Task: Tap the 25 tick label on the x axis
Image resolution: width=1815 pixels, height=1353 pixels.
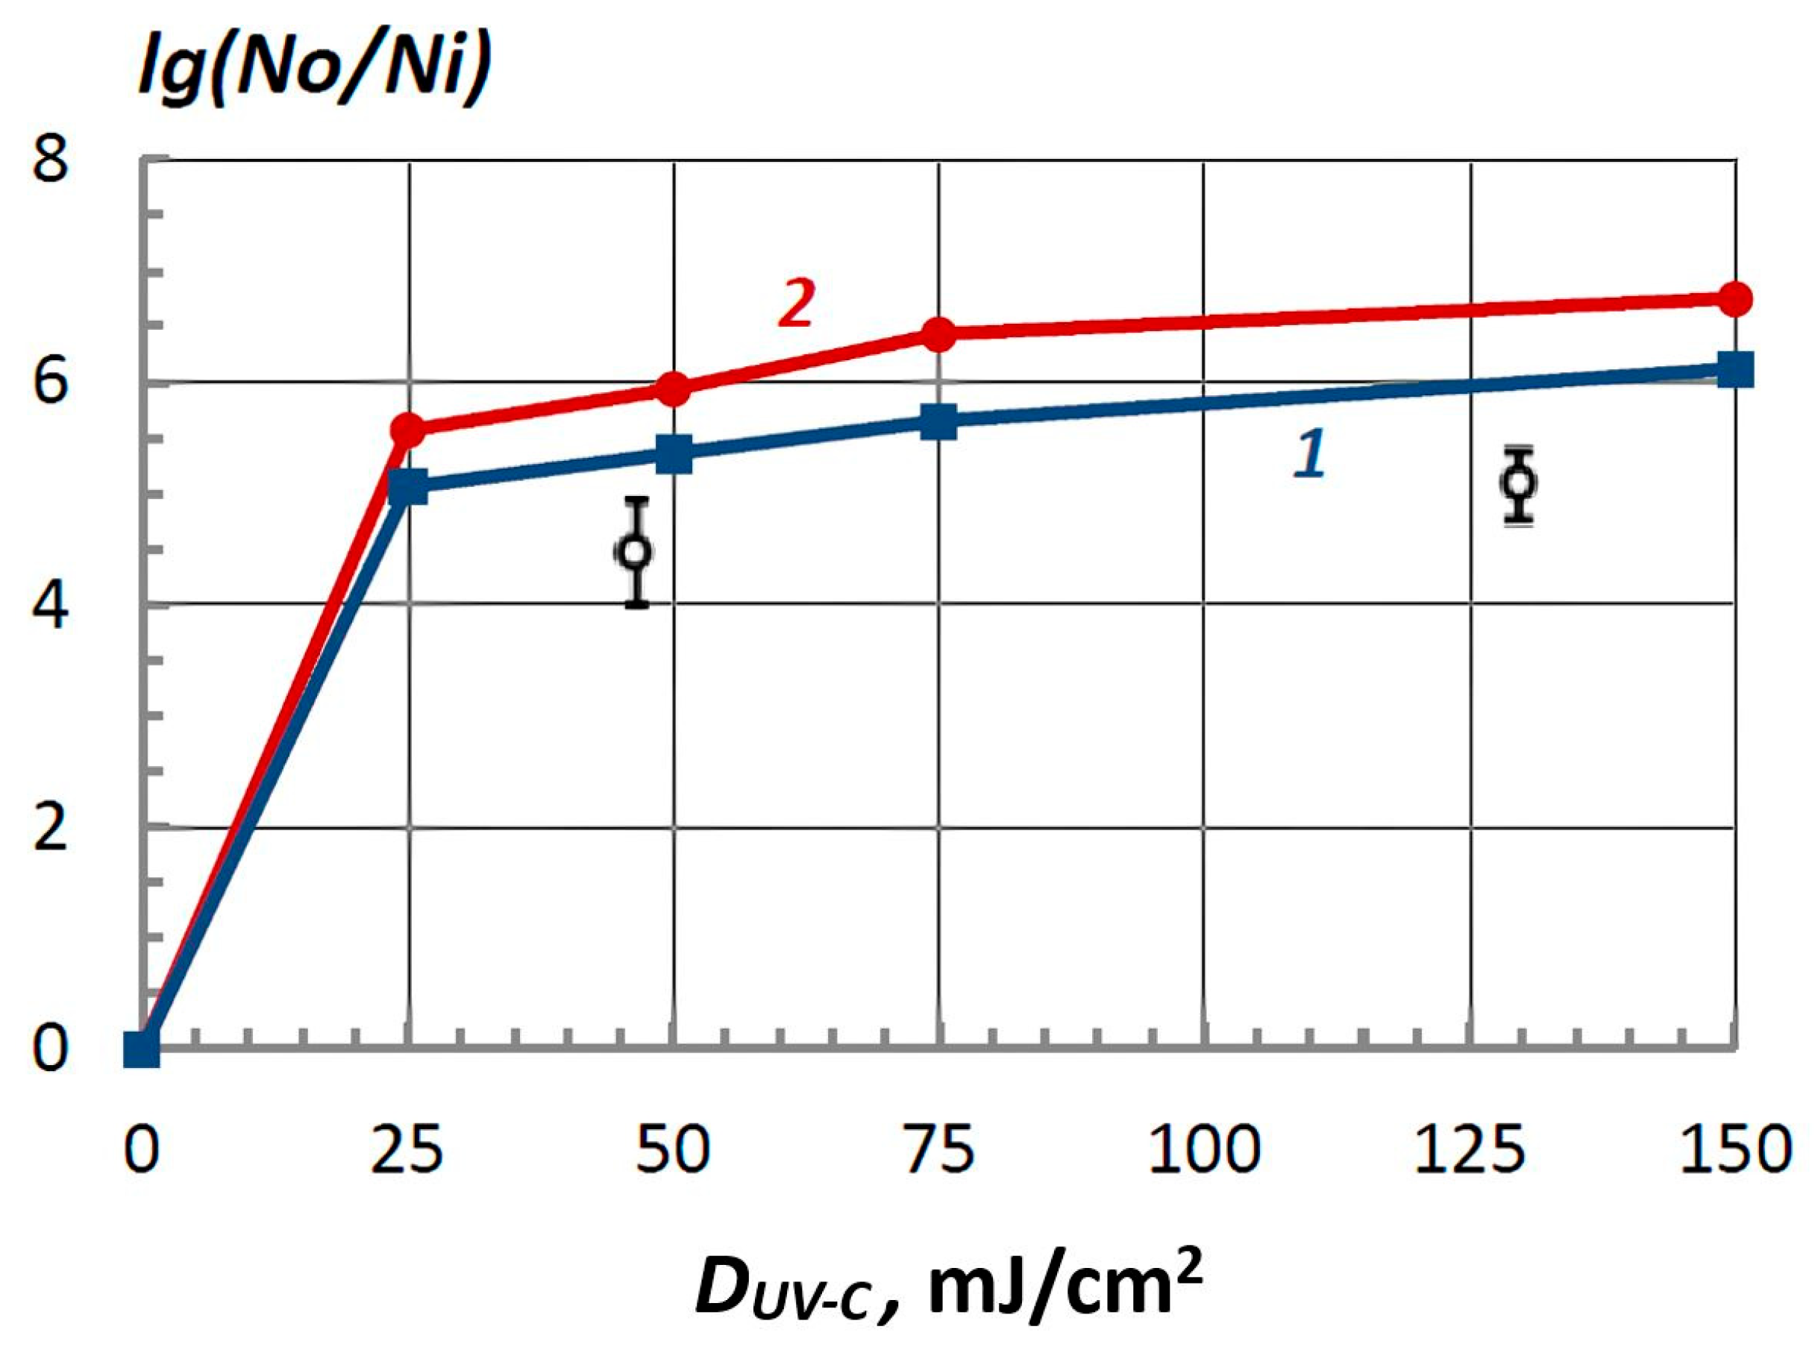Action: pyautogui.click(x=407, y=1151)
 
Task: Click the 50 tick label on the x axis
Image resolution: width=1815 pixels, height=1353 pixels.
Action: pyautogui.click(x=672, y=1151)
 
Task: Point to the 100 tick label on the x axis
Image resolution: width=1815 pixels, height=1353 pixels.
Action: pyautogui.click(x=1203, y=1151)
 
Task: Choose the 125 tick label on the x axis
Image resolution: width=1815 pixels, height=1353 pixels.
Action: pyautogui.click(x=1470, y=1151)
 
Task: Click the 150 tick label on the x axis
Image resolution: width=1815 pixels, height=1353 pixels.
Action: pyautogui.click(x=1734, y=1151)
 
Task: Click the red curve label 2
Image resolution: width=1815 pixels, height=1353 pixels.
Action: pyautogui.click(x=796, y=304)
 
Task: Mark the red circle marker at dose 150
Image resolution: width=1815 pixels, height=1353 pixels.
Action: pyautogui.click(x=1734, y=299)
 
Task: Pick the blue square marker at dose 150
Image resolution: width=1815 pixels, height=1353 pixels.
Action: pyautogui.click(x=1734, y=369)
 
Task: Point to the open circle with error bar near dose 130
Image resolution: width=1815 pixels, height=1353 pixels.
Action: pyautogui.click(x=1520, y=482)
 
